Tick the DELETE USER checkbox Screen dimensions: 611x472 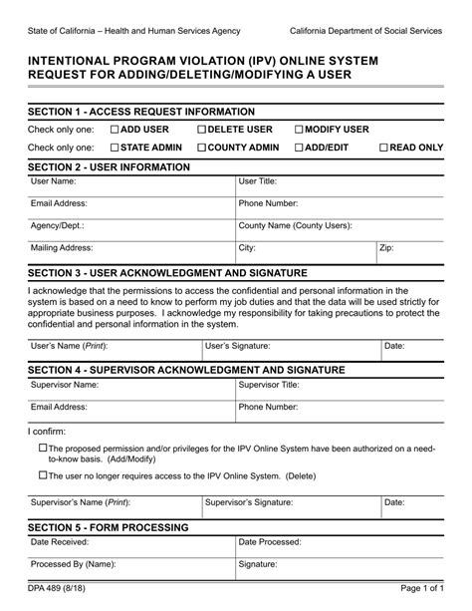click(202, 130)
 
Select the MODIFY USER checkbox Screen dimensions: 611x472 click(299, 130)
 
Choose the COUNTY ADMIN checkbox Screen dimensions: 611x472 click(202, 148)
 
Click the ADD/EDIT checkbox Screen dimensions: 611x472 click(299, 148)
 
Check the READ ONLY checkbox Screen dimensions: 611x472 click(384, 148)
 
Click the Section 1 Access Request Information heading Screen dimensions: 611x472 click(141, 112)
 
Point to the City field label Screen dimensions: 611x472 click(247, 248)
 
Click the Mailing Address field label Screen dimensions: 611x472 click(62, 248)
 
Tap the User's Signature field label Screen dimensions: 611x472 click(237, 346)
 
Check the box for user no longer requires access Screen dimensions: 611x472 click(42, 475)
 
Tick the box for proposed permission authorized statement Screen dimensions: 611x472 click(42, 448)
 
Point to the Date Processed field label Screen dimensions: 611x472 click(269, 542)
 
